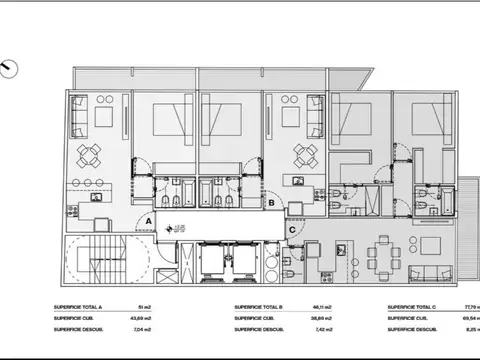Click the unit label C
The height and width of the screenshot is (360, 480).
tap(291, 229)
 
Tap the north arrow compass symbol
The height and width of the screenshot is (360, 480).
tap(11, 68)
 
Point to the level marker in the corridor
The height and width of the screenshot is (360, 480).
tap(179, 229)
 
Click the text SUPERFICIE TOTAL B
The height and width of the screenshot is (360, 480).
tap(262, 307)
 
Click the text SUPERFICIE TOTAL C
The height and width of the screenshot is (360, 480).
tap(414, 307)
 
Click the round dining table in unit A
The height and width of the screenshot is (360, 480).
tap(90, 153)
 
